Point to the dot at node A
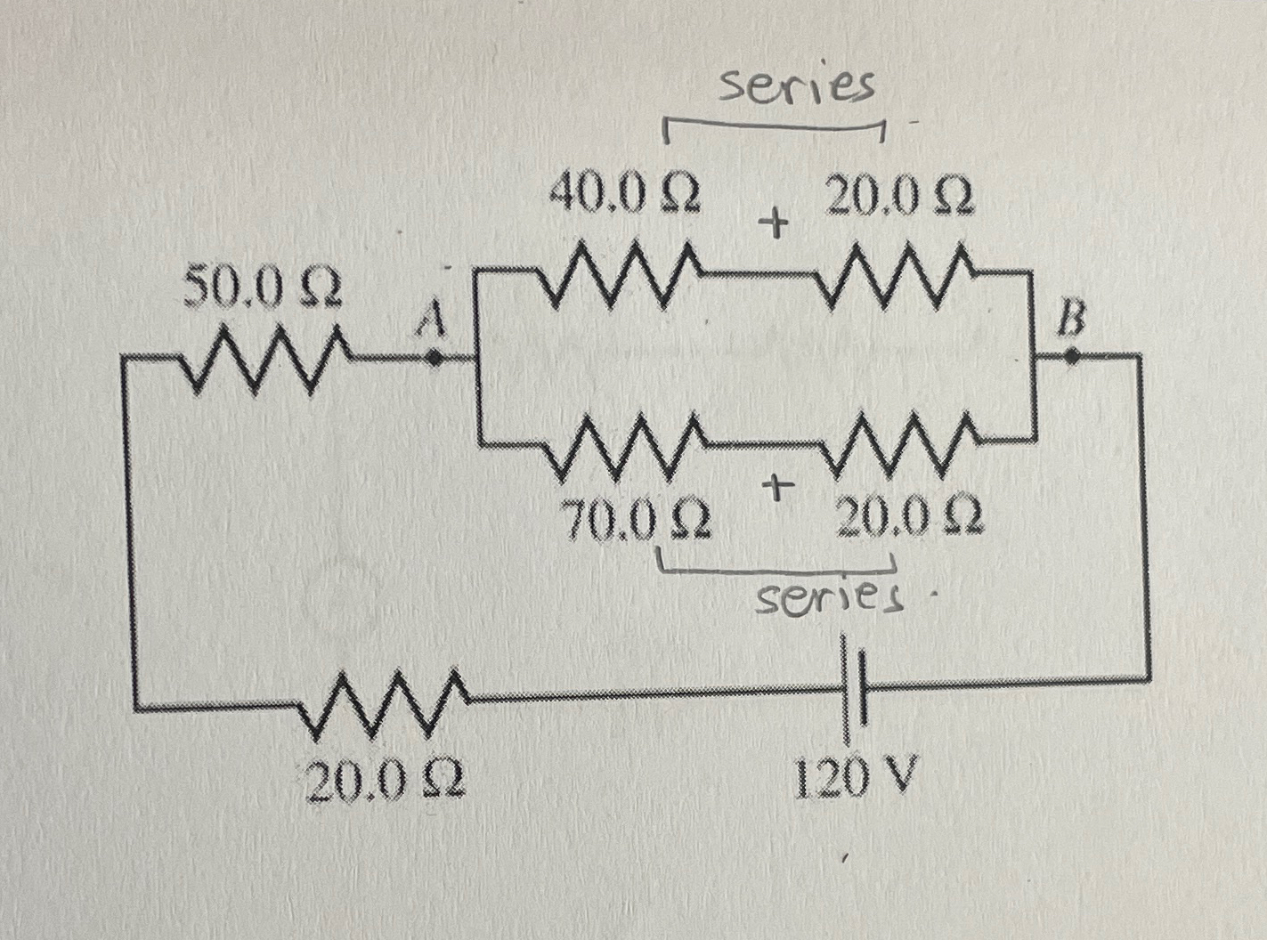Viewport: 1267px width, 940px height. click(434, 358)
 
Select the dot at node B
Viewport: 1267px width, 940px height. click(1073, 356)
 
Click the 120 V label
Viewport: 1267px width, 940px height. click(853, 781)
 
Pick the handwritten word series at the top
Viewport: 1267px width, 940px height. click(797, 85)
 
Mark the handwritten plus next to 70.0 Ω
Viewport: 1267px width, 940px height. click(777, 487)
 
